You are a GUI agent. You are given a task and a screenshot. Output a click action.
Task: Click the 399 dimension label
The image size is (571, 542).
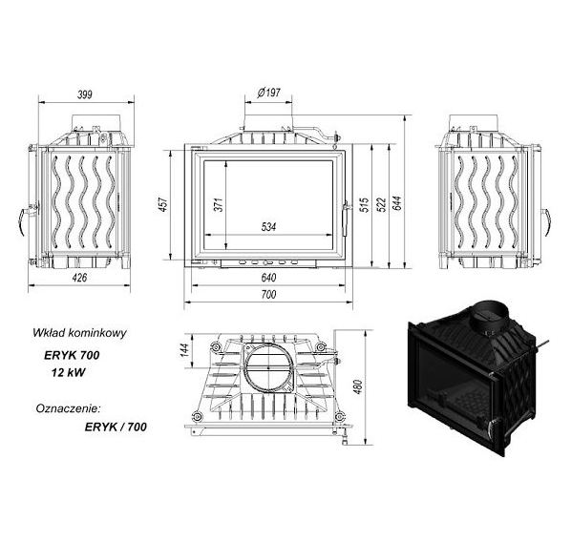pyautogui.click(x=85, y=94)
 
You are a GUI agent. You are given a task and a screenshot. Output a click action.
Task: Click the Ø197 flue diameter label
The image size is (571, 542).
pyautogui.click(x=268, y=93)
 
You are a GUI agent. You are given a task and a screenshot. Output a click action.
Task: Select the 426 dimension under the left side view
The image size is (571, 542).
pyautogui.click(x=79, y=278)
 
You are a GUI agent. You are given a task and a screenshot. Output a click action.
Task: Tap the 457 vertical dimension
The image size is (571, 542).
pyautogui.click(x=163, y=204)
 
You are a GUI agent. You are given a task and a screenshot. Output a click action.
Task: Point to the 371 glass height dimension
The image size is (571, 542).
pyautogui.click(x=218, y=204)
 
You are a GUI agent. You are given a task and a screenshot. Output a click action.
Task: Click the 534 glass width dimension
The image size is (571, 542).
pyautogui.click(x=268, y=227)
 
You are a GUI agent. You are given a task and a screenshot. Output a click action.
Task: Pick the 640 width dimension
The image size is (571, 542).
pyautogui.click(x=268, y=278)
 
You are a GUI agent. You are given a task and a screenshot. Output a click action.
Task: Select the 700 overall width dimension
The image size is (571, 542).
pyautogui.click(x=268, y=294)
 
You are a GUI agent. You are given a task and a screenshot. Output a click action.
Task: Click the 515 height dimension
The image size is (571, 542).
pyautogui.click(x=364, y=204)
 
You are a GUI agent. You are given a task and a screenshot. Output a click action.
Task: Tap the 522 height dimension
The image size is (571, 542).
pyautogui.click(x=381, y=204)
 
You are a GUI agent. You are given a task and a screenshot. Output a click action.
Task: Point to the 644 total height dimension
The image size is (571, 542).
pyautogui.click(x=397, y=203)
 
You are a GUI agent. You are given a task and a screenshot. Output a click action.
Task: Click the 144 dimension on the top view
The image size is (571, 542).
pyautogui.click(x=185, y=350)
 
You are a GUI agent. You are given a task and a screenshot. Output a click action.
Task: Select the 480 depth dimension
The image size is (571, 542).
pyautogui.click(x=358, y=386)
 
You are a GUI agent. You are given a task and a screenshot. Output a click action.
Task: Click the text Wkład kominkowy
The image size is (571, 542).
pyautogui.click(x=79, y=333)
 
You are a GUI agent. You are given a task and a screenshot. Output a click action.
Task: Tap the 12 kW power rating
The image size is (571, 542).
pyautogui.click(x=68, y=372)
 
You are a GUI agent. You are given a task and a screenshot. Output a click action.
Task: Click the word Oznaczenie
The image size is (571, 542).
pyautogui.click(x=68, y=408)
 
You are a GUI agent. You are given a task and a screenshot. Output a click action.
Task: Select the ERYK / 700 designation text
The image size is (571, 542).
pyautogui.click(x=116, y=427)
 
